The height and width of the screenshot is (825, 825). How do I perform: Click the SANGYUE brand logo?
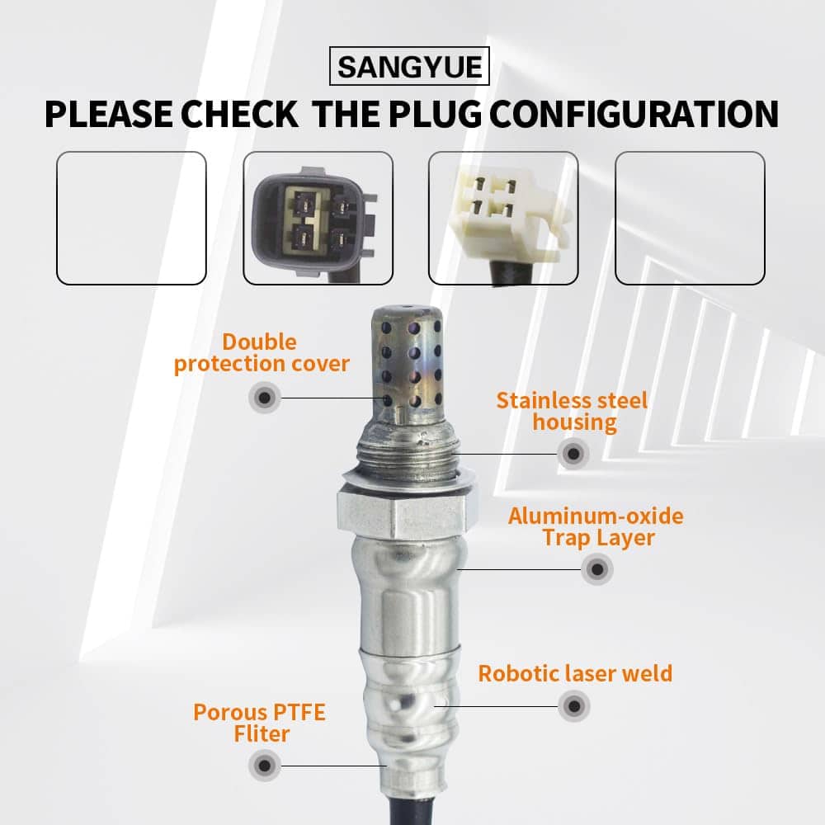coord(409,66)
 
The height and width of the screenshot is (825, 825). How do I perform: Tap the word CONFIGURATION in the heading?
coord(634,114)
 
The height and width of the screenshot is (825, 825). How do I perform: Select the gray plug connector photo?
coord(318,218)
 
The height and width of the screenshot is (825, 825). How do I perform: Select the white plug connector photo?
coord(503,218)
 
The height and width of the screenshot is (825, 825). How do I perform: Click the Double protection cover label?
coord(262,353)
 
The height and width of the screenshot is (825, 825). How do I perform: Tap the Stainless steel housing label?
coord(573,412)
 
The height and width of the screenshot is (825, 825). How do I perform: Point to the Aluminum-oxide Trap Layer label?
coord(596,527)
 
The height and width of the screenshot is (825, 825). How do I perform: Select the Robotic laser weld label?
coord(575,673)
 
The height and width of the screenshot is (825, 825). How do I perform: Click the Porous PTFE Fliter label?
coord(259,723)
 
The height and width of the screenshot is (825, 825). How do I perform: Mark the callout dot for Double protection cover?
coord(265,398)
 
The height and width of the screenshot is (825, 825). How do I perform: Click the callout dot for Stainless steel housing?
coord(573,454)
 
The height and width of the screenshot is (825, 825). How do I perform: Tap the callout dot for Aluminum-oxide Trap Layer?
coord(597,568)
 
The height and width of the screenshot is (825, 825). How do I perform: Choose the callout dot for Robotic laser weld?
coord(574,706)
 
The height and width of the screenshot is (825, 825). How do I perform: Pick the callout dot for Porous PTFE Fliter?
coord(265,766)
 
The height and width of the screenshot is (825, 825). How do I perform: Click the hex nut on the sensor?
coord(401,512)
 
